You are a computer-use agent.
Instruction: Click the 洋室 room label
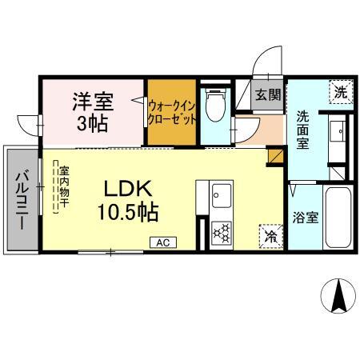94,102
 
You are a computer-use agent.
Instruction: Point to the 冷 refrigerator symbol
270,237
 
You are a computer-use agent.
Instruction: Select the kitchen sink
221,194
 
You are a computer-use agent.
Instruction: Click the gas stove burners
221,234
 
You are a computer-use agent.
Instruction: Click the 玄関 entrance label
268,94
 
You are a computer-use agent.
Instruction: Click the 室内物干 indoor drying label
62,188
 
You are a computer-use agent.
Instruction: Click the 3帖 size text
94,125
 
